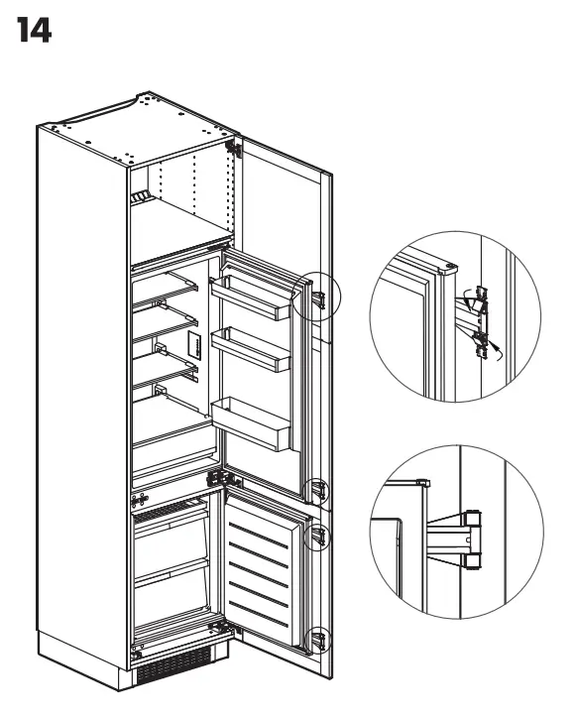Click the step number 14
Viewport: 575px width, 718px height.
pyautogui.click(x=34, y=33)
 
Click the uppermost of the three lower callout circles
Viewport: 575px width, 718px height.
pyautogui.click(x=316, y=490)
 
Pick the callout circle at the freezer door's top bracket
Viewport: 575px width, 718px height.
pyautogui.click(x=317, y=536)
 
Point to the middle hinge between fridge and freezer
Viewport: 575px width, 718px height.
pyautogui.click(x=216, y=478)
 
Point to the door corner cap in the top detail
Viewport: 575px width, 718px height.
pyautogui.click(x=451, y=266)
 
